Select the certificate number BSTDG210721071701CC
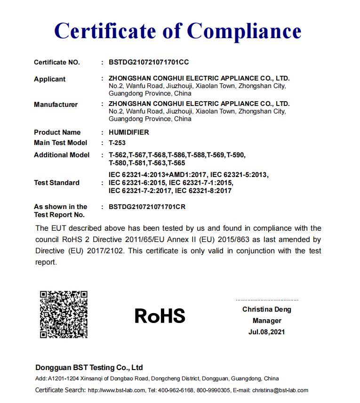tap(149, 62)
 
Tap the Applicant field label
tap(49, 79)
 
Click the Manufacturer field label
tap(56, 105)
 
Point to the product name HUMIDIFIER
tap(128, 132)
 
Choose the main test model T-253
tap(117, 143)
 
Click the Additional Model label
tap(61, 155)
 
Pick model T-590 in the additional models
tap(236, 155)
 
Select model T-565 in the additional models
tap(176, 163)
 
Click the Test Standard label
tap(56, 183)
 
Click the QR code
tap(64, 314)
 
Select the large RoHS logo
tap(160, 315)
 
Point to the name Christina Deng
tap(267, 309)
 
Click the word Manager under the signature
tap(267, 321)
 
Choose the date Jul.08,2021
tap(267, 332)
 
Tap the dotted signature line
tap(267, 300)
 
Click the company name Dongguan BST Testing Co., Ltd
tap(89, 368)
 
